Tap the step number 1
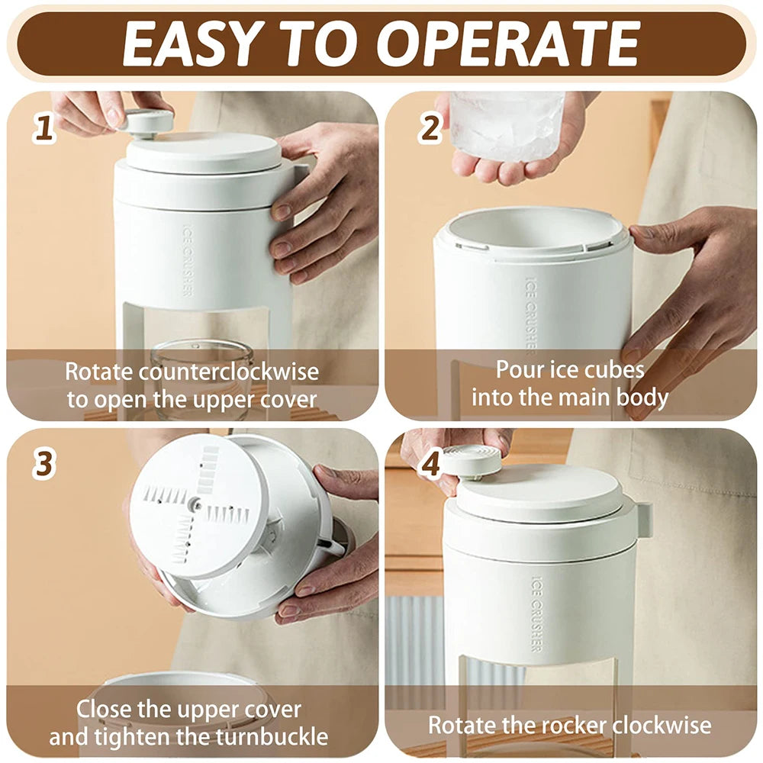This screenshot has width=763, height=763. coord(44,128)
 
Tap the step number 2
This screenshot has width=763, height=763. coord(430,128)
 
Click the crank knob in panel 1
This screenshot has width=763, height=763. coord(147,121)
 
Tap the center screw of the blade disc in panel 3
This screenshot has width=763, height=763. coord(197,504)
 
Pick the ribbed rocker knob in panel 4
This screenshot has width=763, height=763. coord(472,460)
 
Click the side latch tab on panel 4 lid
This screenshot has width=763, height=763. coord(643,519)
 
